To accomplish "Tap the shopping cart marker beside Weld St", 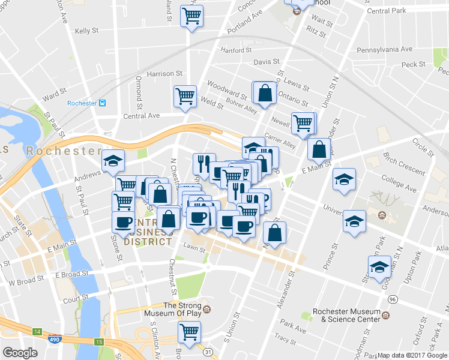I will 185,97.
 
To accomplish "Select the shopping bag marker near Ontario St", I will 265,93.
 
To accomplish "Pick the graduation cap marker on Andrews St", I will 113,160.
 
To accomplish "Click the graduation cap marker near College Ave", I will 344,179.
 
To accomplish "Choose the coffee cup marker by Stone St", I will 124,223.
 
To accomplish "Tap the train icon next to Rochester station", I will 103,103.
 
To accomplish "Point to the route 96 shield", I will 393,299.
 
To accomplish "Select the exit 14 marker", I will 37,331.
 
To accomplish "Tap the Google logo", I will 20,353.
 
